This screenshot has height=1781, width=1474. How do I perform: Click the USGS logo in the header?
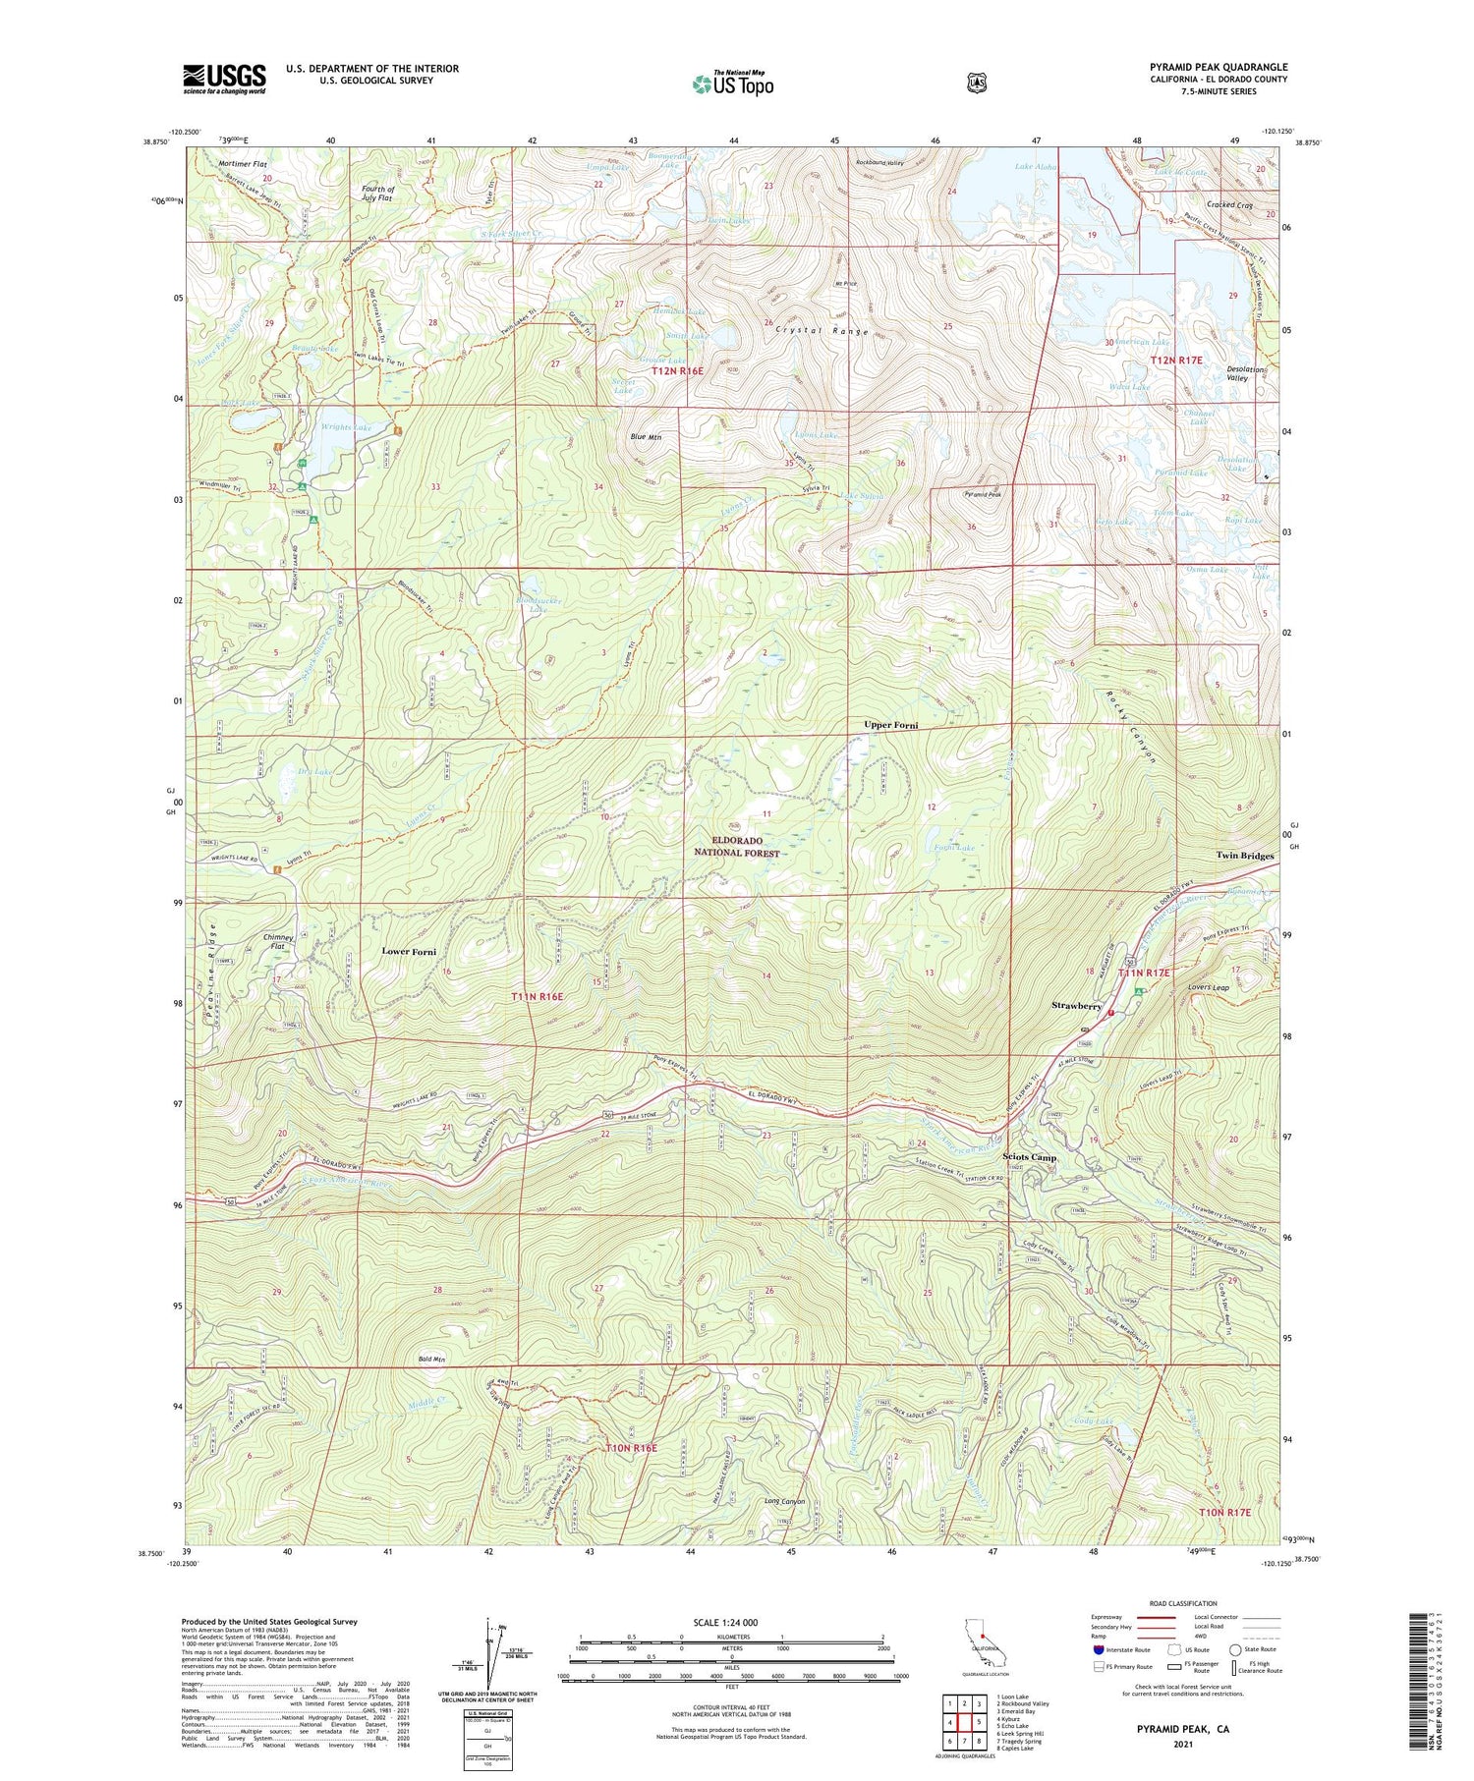[x=224, y=78]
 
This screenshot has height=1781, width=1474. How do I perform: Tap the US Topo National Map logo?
[x=733, y=83]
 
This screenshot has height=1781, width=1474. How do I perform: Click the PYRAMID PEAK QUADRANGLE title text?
[x=1218, y=68]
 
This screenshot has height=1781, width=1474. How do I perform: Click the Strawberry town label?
[x=1076, y=1006]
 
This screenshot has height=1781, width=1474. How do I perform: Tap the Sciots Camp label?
[x=1029, y=1157]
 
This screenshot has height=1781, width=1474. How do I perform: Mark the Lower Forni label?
[x=409, y=951]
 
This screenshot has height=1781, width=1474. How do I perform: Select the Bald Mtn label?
[x=431, y=1360]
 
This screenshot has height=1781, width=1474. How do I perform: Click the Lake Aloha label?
[x=1035, y=167]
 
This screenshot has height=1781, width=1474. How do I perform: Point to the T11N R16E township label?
[x=538, y=996]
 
